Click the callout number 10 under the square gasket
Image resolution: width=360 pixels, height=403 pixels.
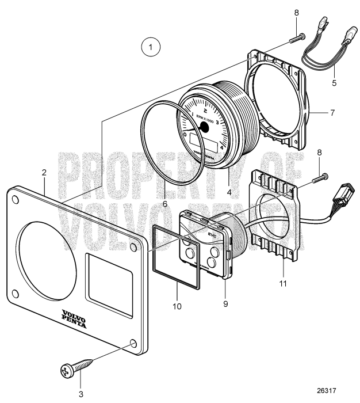177,306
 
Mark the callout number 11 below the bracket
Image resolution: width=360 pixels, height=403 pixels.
284,284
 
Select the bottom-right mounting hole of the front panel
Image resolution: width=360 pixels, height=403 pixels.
133,344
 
